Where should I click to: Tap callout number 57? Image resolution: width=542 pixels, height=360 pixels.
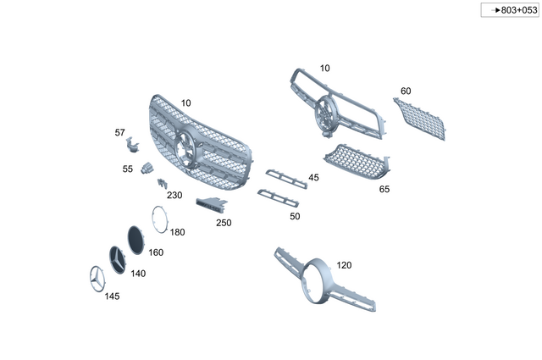[x=119, y=132]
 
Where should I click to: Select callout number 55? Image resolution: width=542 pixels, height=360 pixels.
[x=127, y=169]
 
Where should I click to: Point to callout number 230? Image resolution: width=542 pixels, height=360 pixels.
[x=174, y=195]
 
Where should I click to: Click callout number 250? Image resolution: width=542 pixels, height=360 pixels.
[x=224, y=223]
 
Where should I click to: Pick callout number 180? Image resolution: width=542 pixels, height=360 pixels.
[x=177, y=231]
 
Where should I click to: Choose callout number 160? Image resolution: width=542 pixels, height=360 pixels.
[x=156, y=252]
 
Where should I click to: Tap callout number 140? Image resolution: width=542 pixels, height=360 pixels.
[x=137, y=274]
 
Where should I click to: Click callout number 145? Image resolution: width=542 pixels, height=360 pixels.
[x=112, y=296]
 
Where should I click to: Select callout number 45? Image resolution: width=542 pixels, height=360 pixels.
[x=313, y=178]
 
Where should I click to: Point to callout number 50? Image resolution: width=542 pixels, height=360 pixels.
[x=295, y=216]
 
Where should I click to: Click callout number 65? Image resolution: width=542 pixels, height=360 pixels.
[x=384, y=189]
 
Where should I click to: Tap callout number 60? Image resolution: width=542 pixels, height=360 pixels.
[x=406, y=91]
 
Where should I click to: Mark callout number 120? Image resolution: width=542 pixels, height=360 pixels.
[x=344, y=265]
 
